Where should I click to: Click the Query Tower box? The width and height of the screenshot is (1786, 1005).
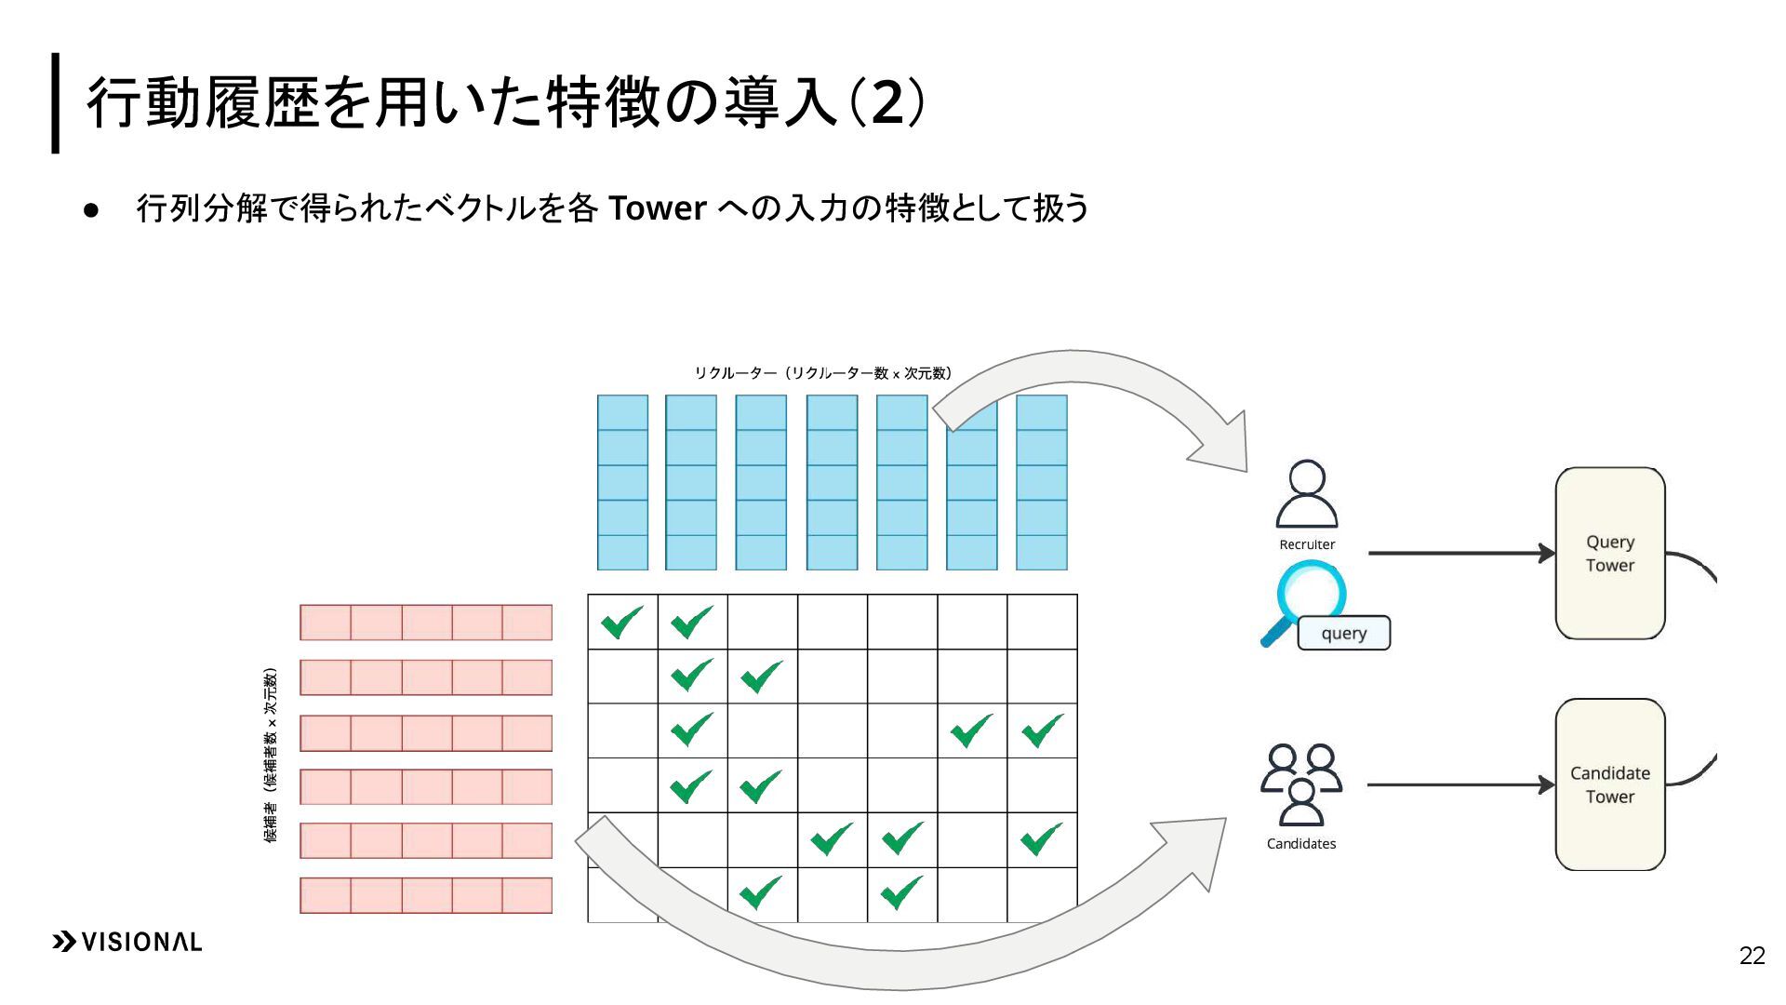click(1609, 553)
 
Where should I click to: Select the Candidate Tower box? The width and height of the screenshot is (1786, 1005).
click(1609, 784)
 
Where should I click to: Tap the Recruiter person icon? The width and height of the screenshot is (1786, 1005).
click(1307, 494)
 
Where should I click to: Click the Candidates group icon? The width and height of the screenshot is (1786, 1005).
click(1300, 784)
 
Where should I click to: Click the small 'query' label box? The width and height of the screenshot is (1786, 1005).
click(1343, 633)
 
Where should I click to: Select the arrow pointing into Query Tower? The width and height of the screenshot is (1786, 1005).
click(1460, 553)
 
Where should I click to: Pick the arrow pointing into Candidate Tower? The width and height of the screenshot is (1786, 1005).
click(1460, 784)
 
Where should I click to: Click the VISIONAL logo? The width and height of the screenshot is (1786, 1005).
click(127, 942)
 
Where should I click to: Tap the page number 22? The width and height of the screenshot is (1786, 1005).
click(1752, 956)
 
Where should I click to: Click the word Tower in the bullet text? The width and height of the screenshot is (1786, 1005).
click(657, 208)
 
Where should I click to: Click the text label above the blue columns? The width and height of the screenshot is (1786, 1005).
click(822, 373)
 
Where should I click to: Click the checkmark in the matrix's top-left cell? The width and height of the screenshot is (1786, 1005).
click(621, 622)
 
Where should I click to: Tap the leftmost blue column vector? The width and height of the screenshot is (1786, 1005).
click(622, 482)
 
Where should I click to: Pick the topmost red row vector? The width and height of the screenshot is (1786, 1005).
click(426, 623)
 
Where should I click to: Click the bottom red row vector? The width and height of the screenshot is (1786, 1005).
click(426, 895)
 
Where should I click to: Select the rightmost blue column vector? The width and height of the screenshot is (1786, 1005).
click(1041, 482)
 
